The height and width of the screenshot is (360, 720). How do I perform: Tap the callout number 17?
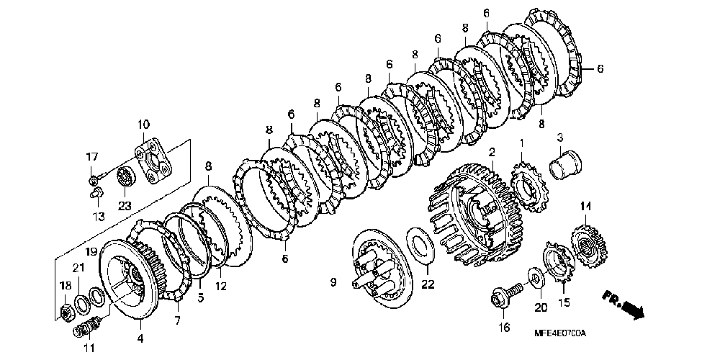pyautogui.click(x=92, y=158)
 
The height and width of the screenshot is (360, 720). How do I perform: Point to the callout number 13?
pyautogui.click(x=98, y=215)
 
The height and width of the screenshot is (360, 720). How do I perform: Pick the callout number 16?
pyautogui.click(x=504, y=328)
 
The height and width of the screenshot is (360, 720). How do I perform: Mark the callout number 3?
pyautogui.click(x=559, y=138)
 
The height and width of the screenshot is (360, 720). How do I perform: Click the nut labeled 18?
pyautogui.click(x=64, y=312)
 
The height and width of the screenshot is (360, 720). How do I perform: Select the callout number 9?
pyautogui.click(x=333, y=283)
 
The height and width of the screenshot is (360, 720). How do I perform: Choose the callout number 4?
pyautogui.click(x=140, y=338)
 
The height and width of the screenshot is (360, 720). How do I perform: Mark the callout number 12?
pyautogui.click(x=220, y=287)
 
